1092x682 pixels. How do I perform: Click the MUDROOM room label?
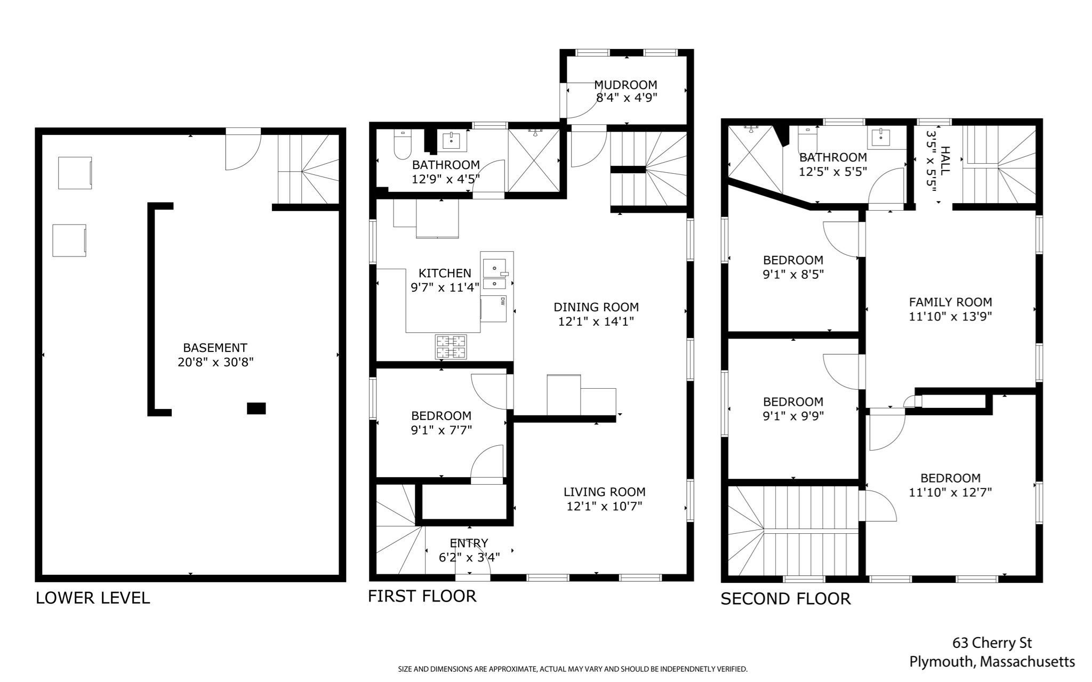coord(625,85)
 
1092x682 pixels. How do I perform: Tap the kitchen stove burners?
coord(451,347)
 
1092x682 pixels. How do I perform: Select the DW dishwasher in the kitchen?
coord(493,309)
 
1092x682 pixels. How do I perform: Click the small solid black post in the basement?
coord(256,408)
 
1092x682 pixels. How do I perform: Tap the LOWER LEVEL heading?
coord(93,598)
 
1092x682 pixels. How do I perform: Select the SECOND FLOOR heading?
coord(785,599)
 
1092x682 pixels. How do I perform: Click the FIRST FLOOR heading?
coord(422,596)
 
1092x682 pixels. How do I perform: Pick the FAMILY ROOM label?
coord(950,302)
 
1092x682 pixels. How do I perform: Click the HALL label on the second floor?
coord(945,161)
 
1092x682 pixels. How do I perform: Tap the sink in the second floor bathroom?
coord(881,139)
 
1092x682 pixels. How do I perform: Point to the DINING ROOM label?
coord(596,307)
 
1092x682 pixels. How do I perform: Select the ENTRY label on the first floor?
coord(469,543)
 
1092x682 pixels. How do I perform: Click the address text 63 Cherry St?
coord(992,643)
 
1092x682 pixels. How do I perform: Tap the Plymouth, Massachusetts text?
coord(992,662)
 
